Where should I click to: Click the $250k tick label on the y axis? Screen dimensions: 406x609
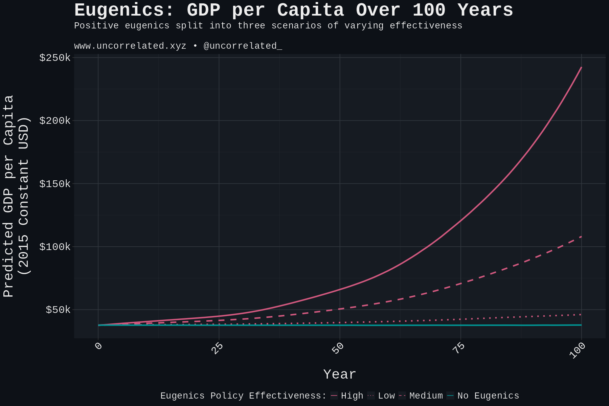point(55,58)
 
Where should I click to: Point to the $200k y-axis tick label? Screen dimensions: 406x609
point(55,121)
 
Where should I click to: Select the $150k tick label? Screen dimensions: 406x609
point(55,184)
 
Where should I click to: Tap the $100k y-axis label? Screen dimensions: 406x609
point(55,247)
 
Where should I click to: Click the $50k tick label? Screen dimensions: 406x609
point(58,310)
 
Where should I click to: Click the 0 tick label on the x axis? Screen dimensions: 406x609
point(98,346)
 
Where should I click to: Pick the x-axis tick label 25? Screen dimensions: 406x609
point(217,348)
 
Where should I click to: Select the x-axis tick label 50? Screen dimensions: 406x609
point(338,348)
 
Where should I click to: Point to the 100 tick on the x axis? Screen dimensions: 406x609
point(578,351)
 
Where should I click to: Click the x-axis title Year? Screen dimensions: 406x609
point(339,375)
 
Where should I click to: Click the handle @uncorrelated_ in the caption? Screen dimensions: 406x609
point(243,46)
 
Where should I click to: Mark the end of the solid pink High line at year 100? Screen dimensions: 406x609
point(581,67)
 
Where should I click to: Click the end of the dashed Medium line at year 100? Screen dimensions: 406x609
point(581,236)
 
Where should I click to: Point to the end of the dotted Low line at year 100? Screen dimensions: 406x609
point(581,315)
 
